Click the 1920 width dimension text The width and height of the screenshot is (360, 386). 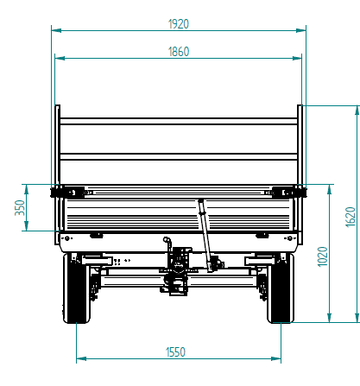[179, 23]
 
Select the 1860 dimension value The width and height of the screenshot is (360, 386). [179, 52]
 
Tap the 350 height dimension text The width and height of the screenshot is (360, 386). [20, 208]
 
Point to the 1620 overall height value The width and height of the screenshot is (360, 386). [350, 215]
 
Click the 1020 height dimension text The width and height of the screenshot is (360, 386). [322, 256]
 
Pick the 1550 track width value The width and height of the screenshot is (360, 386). [179, 351]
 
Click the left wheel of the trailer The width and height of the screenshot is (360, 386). [77, 288]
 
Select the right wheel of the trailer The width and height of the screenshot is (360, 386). [281, 288]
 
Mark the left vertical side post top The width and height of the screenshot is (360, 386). [58, 108]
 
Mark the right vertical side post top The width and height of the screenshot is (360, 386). [300, 108]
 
